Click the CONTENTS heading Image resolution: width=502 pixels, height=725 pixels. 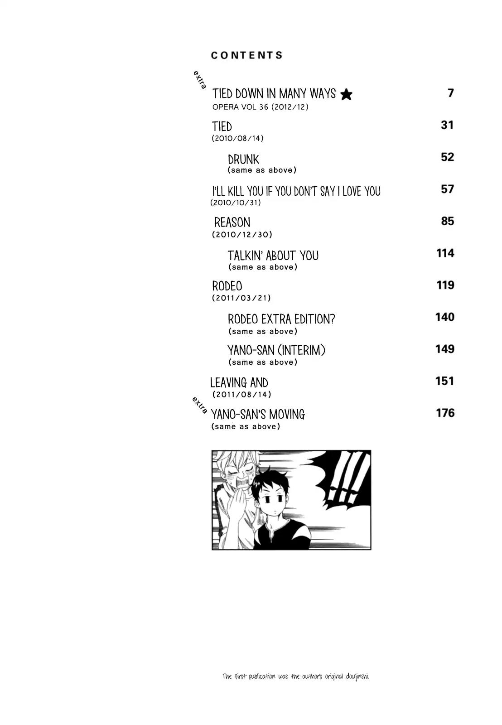pos(246,55)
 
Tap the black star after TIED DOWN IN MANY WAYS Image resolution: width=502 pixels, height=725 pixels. pos(346,95)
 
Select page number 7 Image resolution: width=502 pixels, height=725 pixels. pos(450,93)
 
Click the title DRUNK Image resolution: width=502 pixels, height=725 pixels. pos(243,159)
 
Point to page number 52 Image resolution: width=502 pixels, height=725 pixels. pos(447,157)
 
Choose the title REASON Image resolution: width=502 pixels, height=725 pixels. pos(232,222)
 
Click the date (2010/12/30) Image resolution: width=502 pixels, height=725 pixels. pos(242,234)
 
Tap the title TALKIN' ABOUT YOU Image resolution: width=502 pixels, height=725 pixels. pos(273,256)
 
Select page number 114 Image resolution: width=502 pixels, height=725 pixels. pos(445,253)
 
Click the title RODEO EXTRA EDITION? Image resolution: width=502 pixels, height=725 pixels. pos(281,319)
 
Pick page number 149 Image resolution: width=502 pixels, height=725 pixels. pos(445,349)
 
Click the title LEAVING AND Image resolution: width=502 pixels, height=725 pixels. pos(239,382)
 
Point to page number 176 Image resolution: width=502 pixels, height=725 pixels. pos(445,413)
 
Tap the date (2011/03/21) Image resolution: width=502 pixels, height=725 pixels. pos(241,298)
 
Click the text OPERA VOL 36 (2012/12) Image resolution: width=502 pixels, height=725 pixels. pos(260,107)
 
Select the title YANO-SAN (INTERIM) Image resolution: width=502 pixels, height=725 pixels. pos(276,350)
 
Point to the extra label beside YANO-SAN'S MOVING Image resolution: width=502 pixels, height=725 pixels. pos(199,405)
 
